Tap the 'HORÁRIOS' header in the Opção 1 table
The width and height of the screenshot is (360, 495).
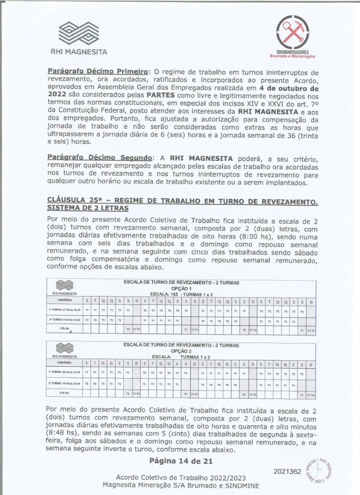click(64, 300)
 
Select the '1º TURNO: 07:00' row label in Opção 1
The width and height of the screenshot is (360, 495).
click(64, 310)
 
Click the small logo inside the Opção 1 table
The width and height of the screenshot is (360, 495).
click(64, 286)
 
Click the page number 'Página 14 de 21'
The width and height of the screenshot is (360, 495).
click(180, 461)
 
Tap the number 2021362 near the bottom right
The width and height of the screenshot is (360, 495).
click(287, 472)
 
